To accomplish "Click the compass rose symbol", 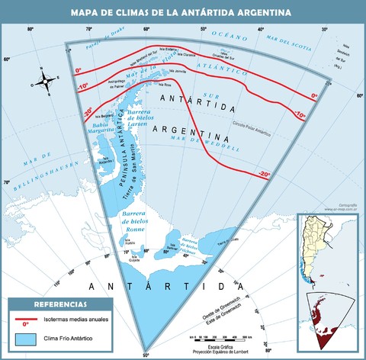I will point(47,78).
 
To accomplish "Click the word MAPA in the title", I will point(87,12).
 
